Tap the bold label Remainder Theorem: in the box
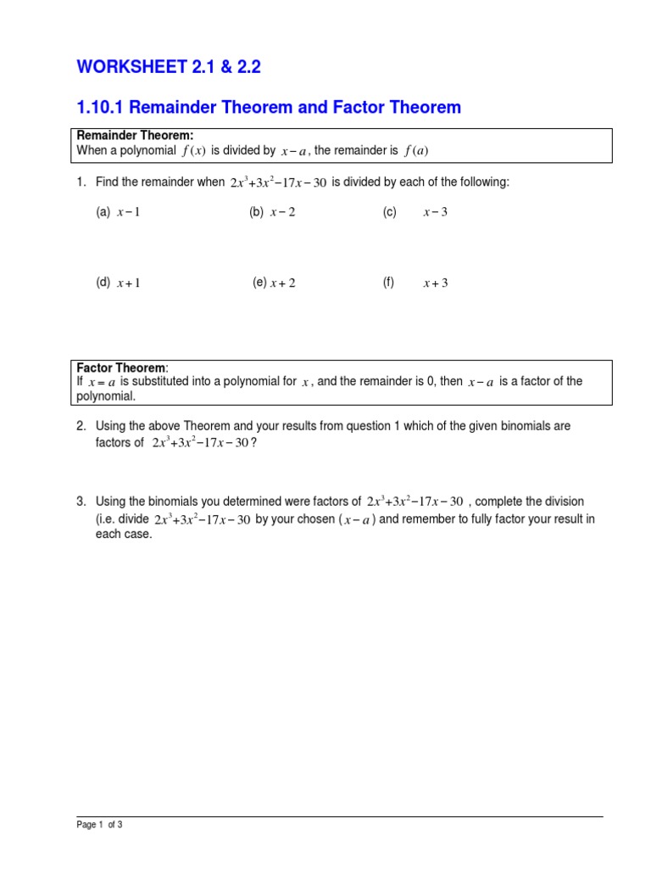point(136,136)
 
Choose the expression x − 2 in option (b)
point(282,212)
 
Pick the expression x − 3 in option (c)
point(435,212)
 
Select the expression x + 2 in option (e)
point(282,283)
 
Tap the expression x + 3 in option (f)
point(435,283)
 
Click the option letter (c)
point(389,212)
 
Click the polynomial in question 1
point(278,182)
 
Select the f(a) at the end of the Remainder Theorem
point(416,151)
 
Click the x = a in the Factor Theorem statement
point(101,383)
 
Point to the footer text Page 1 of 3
point(99,824)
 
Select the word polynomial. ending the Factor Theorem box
point(106,396)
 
